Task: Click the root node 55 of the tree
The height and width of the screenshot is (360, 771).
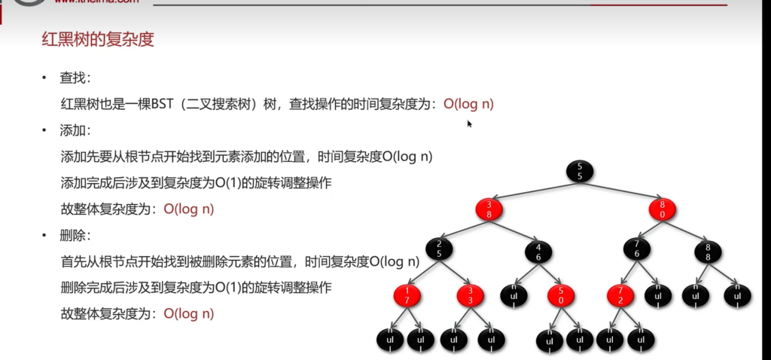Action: (x=580, y=171)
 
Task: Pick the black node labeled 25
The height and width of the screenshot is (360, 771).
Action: (x=438, y=249)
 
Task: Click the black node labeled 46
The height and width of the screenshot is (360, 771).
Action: (x=539, y=251)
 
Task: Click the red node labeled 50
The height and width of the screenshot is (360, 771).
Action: (x=562, y=295)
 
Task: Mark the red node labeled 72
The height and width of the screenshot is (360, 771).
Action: (x=620, y=295)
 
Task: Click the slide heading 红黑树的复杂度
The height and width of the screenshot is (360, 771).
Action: (x=98, y=40)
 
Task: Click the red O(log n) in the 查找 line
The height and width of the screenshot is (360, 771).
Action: (x=468, y=104)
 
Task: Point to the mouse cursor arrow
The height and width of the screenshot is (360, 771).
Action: (x=469, y=124)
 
